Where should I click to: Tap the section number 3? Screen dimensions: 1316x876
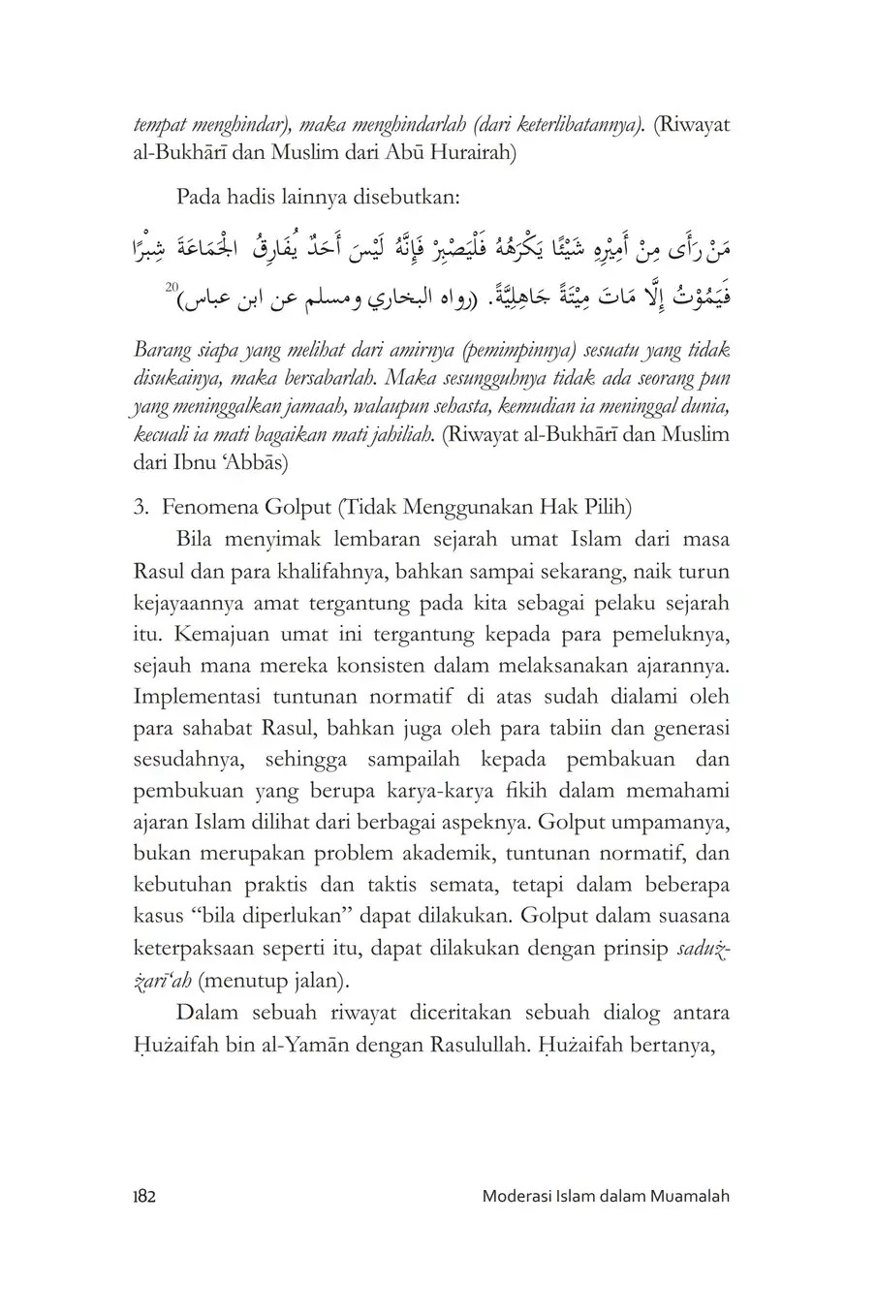141,506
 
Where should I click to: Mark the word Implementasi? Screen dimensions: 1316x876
194,697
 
